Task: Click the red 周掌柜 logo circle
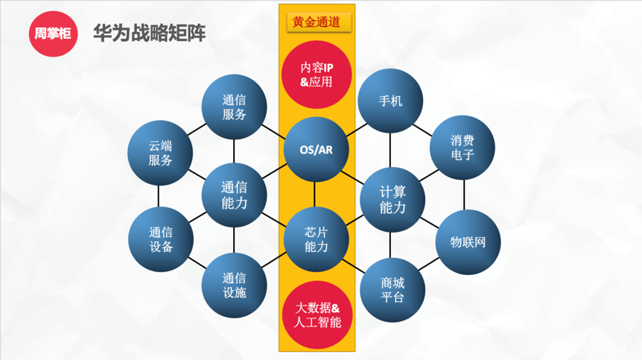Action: [x=53, y=33]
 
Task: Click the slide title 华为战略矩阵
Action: [x=149, y=33]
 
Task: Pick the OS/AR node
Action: [x=317, y=149]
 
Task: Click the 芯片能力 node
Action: [x=317, y=239]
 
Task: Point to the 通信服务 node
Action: [x=235, y=107]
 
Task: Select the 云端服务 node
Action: [x=160, y=153]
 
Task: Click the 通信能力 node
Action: [x=235, y=195]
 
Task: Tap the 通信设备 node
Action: [x=160, y=239]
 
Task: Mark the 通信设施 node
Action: [x=235, y=285]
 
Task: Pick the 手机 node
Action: [x=390, y=101]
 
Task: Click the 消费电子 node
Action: [x=463, y=148]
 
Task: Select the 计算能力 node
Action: [x=392, y=200]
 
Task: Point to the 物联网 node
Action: [x=468, y=242]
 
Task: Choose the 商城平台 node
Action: [x=392, y=288]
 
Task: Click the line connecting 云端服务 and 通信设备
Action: [x=159, y=196]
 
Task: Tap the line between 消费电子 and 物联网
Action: [x=465, y=195]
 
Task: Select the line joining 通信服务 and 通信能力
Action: [x=235, y=151]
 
